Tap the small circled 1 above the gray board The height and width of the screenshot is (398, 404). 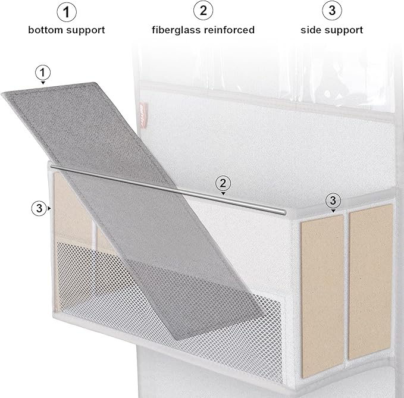(42, 73)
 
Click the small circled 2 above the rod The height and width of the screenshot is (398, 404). (223, 183)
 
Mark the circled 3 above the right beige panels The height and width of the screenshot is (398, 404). (333, 200)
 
